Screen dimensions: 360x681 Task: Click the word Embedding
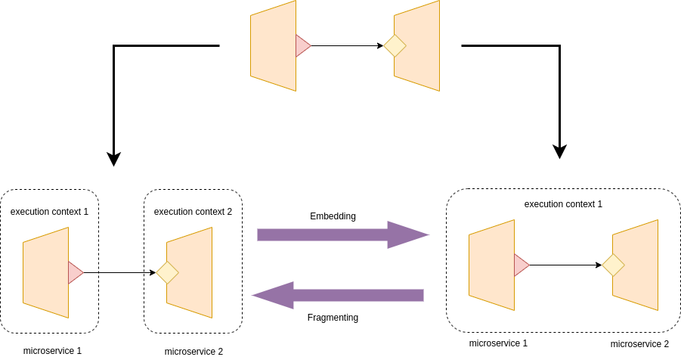point(333,216)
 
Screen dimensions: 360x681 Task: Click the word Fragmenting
point(333,318)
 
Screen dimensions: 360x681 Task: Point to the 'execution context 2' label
point(193,212)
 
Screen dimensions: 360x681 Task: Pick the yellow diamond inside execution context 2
point(167,272)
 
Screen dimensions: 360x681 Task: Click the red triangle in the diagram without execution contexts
point(302,46)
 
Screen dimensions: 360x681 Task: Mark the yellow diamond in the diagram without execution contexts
point(395,46)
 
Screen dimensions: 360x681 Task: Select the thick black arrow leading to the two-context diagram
point(113,98)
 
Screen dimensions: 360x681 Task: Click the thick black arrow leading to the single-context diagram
point(559,98)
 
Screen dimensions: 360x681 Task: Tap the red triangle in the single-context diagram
point(520,265)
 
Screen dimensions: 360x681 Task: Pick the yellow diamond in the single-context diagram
point(613,265)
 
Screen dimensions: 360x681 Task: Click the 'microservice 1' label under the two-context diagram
point(52,351)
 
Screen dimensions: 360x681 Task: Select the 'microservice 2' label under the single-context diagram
point(639,344)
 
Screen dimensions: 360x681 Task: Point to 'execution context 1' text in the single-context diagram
point(563,204)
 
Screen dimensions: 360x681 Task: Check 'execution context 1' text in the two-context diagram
point(49,212)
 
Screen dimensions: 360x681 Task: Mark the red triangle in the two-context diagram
point(74,272)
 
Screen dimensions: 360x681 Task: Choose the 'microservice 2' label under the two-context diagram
point(193,352)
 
